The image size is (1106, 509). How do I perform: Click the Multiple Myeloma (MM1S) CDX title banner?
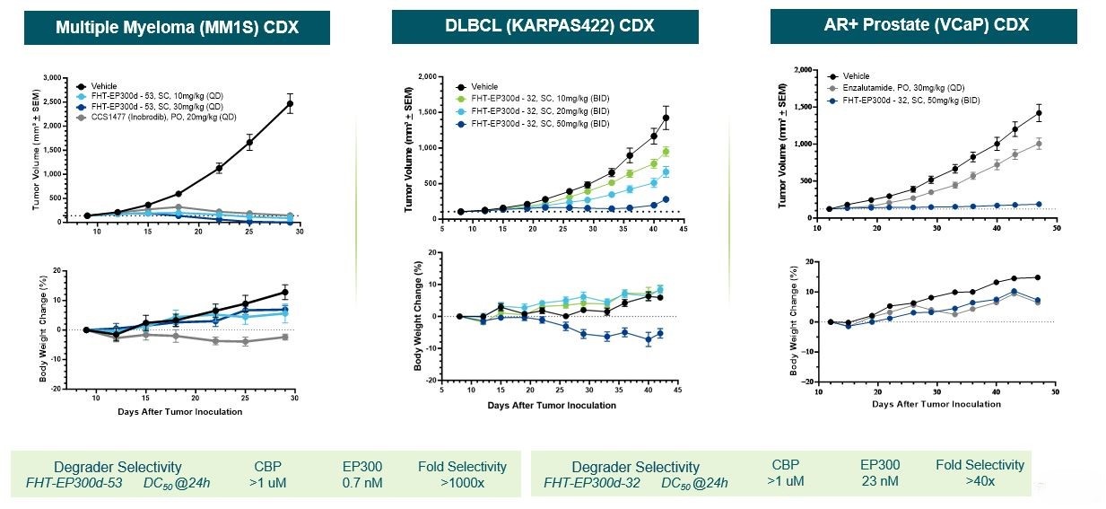pos(177,27)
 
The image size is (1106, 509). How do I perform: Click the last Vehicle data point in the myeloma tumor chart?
pos(290,104)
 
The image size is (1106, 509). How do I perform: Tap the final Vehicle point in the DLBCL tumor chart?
pos(666,118)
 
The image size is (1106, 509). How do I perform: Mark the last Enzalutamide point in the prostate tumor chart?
pos(1039,144)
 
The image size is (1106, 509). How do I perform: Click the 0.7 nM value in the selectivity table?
pos(361,482)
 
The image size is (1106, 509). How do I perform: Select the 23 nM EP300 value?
pos(880,480)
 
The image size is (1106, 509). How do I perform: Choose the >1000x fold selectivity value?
pos(462,482)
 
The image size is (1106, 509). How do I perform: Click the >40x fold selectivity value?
pos(980,480)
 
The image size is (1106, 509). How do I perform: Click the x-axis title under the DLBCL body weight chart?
pos(552,405)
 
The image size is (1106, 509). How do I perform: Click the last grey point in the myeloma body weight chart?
pos(284,337)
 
